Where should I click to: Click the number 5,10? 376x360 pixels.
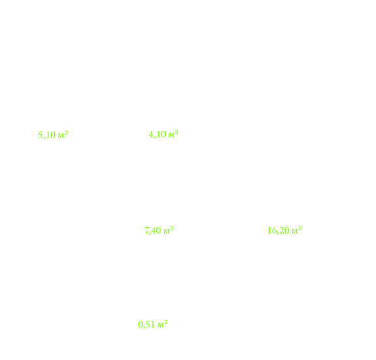pyautogui.click(x=47, y=135)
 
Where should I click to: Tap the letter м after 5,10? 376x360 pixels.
pyautogui.click(x=61, y=136)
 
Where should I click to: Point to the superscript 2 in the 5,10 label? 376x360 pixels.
pyautogui.click(x=66, y=132)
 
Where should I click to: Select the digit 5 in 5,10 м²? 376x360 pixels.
pyautogui.click(x=41, y=135)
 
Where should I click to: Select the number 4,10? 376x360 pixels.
pyautogui.click(x=157, y=134)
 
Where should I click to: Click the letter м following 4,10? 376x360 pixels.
pyautogui.click(x=171, y=135)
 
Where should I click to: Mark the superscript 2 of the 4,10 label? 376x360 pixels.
pyautogui.click(x=177, y=132)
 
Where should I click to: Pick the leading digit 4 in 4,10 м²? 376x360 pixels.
pyautogui.click(x=151, y=134)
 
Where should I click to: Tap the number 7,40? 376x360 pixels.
pyautogui.click(x=153, y=230)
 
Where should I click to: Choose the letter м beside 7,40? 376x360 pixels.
pyautogui.click(x=167, y=232)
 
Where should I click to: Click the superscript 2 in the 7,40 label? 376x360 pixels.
pyautogui.click(x=172, y=228)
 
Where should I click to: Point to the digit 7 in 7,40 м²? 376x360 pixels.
pyautogui.click(x=146, y=230)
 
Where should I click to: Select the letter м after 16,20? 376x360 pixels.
pyautogui.click(x=295, y=232)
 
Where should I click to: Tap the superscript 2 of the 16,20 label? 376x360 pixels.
pyautogui.click(x=300, y=228)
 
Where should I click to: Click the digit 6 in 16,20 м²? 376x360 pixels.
pyautogui.click(x=274, y=230)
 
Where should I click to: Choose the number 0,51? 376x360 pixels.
pyautogui.click(x=146, y=325)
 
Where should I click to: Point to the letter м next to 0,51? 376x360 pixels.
pyautogui.click(x=161, y=326)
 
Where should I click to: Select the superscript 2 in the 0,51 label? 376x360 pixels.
pyautogui.click(x=166, y=322)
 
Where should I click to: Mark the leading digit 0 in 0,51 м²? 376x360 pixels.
pyautogui.click(x=141, y=325)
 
